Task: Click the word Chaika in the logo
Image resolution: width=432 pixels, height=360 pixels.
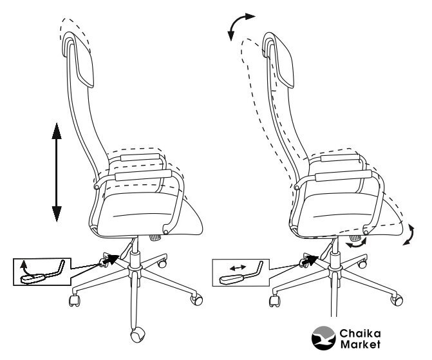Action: click(360, 334)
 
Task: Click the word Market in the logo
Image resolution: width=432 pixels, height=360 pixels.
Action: click(360, 345)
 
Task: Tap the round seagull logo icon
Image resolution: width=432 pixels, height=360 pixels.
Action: click(323, 338)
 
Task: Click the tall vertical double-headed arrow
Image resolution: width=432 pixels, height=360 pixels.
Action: click(57, 173)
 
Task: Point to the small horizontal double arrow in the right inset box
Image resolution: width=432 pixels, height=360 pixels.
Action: click(238, 267)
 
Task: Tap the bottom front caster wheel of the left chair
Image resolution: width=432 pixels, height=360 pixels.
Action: click(137, 334)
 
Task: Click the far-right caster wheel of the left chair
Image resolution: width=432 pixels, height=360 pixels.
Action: click(197, 299)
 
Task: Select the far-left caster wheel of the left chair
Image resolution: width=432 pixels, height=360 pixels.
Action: click(74, 300)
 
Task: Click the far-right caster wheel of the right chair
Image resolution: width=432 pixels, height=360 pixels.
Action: click(397, 299)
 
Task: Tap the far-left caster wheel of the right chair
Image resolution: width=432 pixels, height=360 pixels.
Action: click(274, 301)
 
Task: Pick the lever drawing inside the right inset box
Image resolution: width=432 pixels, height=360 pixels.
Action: click(241, 274)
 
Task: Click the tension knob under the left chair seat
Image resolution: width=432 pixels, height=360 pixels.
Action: click(156, 238)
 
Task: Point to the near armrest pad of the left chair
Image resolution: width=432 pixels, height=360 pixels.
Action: click(144, 175)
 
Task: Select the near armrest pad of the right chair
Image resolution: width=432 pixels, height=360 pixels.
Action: click(344, 176)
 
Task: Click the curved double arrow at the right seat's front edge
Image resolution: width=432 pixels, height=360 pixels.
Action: click(409, 234)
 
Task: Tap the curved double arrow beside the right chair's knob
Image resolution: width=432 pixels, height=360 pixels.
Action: click(357, 244)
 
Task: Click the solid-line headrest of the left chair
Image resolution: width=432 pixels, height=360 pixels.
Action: click(79, 59)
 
